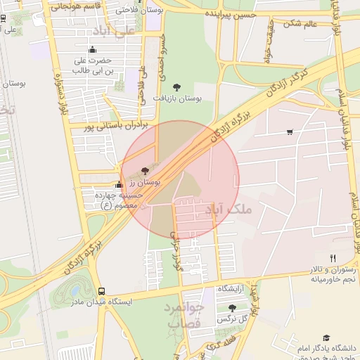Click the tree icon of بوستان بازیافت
(176, 87)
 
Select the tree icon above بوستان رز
(145, 171)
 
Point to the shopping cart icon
(290, 131)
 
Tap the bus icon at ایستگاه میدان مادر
(102, 291)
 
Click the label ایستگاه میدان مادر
(104, 302)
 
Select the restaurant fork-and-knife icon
(333, 258)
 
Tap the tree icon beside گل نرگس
(232, 308)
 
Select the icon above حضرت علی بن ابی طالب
(92, 49)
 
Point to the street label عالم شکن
(300, 24)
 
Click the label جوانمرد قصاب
(186, 316)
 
